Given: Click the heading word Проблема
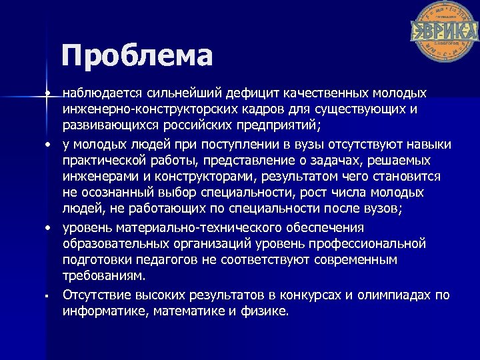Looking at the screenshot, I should point(137,56).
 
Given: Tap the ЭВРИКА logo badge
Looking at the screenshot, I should point(445,31).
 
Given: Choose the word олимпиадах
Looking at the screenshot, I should point(394,295).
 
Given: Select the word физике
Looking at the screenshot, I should point(268,311).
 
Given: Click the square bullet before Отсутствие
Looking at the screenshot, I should point(49,295).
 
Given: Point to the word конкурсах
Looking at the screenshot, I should point(309,295).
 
